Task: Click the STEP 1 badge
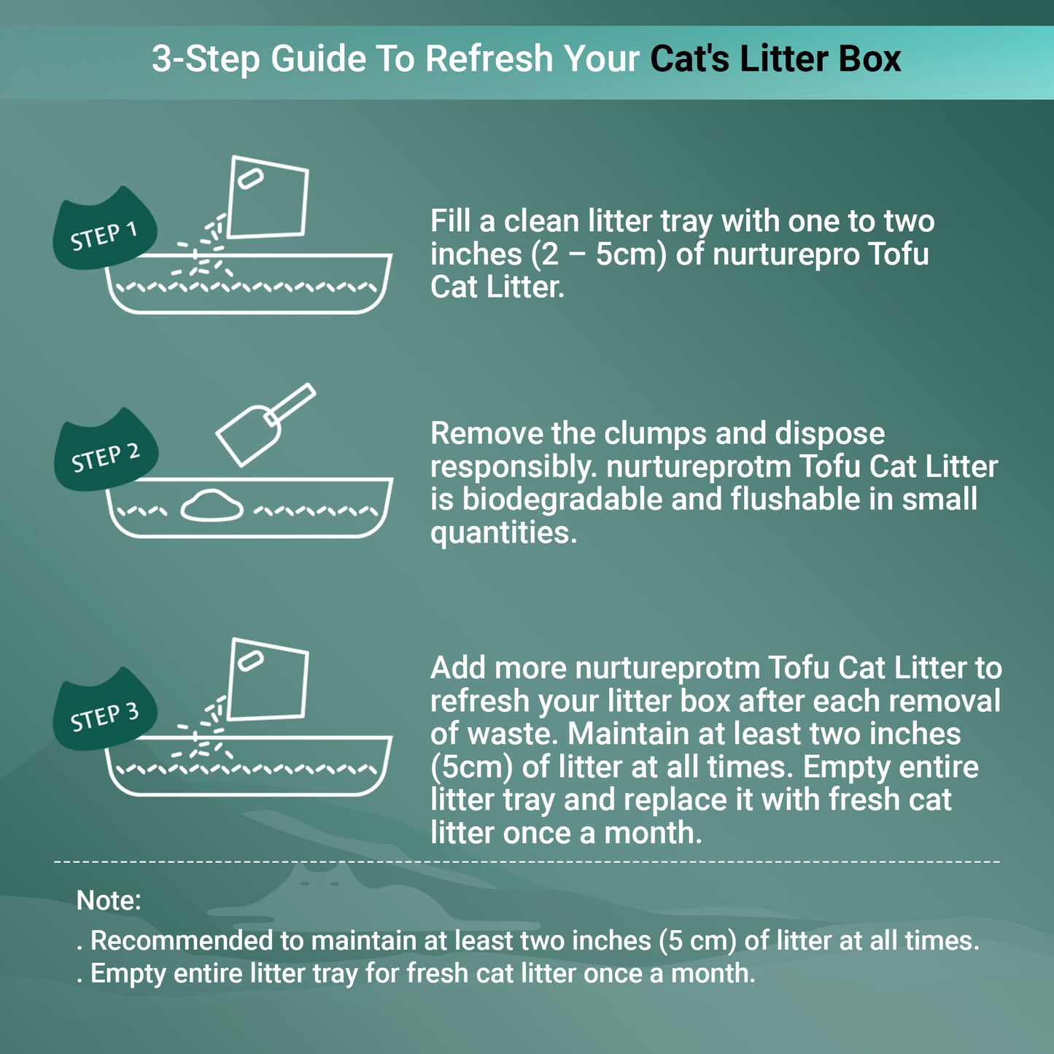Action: (104, 232)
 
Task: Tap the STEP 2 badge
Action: (106, 454)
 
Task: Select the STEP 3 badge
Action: (104, 713)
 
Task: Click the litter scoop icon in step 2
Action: (264, 424)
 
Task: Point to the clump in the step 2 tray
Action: (212, 505)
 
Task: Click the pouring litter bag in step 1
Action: (267, 198)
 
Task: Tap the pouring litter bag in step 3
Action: (267, 681)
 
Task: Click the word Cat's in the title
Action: (689, 59)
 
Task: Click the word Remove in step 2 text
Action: (487, 433)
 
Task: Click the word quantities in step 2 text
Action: (503, 533)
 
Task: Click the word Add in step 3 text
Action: (457, 668)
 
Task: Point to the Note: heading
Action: (109, 901)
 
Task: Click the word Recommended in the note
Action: (181, 941)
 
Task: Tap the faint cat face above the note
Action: (319, 884)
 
